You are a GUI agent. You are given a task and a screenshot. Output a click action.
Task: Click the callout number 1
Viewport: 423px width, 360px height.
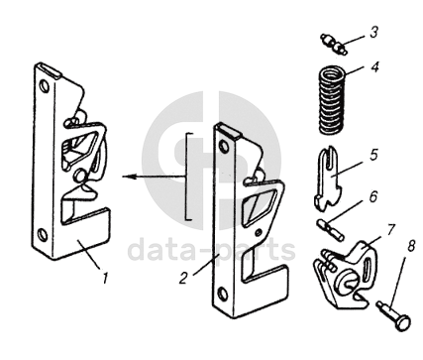[105, 278]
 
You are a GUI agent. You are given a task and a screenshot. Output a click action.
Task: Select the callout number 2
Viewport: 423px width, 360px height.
[183, 278]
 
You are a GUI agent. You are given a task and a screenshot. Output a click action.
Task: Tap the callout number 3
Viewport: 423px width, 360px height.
[373, 33]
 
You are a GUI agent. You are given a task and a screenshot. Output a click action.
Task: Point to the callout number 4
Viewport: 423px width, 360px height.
[374, 67]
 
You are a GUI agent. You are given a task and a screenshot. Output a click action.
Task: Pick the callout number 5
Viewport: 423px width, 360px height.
[373, 155]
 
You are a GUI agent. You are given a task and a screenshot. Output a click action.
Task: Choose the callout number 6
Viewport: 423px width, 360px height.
[372, 196]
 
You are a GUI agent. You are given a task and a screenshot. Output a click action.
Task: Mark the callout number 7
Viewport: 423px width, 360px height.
[390, 229]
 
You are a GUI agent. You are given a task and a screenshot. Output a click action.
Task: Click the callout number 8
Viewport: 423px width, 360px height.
[410, 246]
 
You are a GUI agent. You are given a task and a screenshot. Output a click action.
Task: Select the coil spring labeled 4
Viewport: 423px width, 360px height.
[332, 100]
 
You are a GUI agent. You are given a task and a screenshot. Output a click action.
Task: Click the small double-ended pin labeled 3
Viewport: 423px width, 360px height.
[334, 45]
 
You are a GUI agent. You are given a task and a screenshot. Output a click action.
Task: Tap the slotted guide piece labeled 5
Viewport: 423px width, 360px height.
[328, 179]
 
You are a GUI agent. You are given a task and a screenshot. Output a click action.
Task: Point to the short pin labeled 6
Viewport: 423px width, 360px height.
[331, 229]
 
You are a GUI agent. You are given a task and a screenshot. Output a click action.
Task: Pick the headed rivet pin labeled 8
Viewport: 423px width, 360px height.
[394, 315]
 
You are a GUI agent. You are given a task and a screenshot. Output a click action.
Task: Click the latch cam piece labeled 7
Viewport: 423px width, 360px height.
[345, 275]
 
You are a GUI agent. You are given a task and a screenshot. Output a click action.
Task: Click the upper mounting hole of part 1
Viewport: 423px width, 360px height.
[44, 86]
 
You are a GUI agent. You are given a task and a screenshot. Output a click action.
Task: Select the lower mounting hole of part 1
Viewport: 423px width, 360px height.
[43, 234]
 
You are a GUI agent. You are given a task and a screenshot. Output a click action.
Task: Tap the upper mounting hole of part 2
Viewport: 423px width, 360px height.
[224, 146]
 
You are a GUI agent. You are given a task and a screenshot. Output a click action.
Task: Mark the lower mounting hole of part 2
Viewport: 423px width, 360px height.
[223, 294]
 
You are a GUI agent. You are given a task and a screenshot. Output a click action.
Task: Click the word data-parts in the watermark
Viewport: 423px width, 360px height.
[211, 250]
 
